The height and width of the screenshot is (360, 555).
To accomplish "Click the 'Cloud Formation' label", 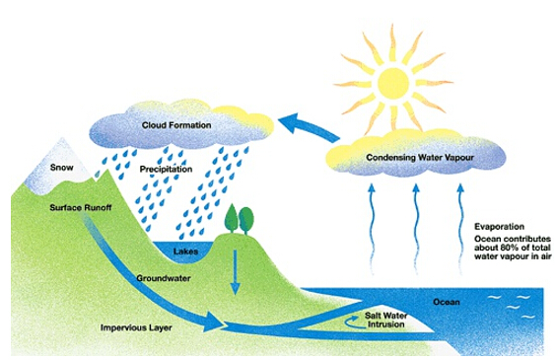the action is coord(176,125).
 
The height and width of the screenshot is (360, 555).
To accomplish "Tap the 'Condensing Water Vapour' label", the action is coord(420,157).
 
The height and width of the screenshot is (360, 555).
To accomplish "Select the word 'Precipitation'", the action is coord(166,169).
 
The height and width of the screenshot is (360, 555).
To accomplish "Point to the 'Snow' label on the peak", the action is coord(61,167).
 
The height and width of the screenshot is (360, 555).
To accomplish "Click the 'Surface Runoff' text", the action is coord(81,207).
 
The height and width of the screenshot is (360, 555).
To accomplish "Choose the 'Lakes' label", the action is coord(185,252).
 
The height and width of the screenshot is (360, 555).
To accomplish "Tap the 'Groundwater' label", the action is coord(164,278).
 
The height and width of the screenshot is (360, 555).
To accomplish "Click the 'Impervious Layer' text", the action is coord(136,327).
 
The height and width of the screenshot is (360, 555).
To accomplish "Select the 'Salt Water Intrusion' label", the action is coord(385,320).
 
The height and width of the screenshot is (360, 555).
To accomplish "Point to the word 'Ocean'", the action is coord(447,302).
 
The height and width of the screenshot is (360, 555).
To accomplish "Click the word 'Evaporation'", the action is coord(499,227).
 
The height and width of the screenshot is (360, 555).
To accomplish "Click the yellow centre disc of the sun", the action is coord(393,84).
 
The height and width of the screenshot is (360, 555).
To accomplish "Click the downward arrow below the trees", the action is coord(235,272).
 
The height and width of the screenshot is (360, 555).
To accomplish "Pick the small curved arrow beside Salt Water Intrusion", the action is coord(351,321).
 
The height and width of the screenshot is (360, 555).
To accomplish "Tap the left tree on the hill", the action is coord(231,218).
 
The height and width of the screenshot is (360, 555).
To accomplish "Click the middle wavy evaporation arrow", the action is coord(416,228).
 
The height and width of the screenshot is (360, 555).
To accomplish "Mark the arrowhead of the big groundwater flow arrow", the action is coord(214,323).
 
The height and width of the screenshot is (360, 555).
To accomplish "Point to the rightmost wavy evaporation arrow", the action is coord(460,228).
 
